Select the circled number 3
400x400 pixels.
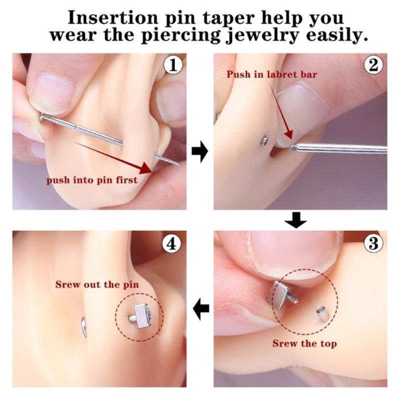click(373, 243)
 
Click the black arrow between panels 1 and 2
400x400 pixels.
click(199, 151)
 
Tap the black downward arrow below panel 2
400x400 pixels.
click(295, 220)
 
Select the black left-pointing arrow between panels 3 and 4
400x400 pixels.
click(201, 309)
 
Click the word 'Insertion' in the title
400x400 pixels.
click(113, 18)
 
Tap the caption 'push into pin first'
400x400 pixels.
click(92, 180)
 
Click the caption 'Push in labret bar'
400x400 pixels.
click(272, 74)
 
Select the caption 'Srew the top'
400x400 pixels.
click(304, 343)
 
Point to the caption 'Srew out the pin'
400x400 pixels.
click(97, 284)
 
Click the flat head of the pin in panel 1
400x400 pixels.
click(42, 118)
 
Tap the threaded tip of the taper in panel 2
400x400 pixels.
click(294, 147)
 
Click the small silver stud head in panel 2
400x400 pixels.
click(265, 141)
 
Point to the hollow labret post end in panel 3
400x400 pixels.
click(322, 314)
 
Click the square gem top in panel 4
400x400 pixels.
click(141, 316)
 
